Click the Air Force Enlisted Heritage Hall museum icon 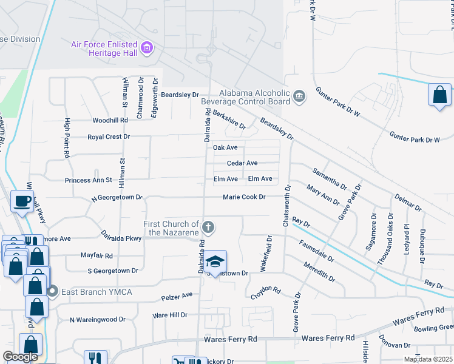146,47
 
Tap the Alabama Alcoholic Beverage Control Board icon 299,96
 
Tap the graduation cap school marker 214,262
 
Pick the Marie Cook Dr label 244,197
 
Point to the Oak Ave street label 225,147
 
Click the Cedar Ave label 242,163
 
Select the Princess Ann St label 89,180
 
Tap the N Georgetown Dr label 117,198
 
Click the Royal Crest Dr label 109,137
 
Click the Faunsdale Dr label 316,250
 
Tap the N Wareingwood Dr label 97,319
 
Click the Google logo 20,357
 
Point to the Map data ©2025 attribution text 428,359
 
